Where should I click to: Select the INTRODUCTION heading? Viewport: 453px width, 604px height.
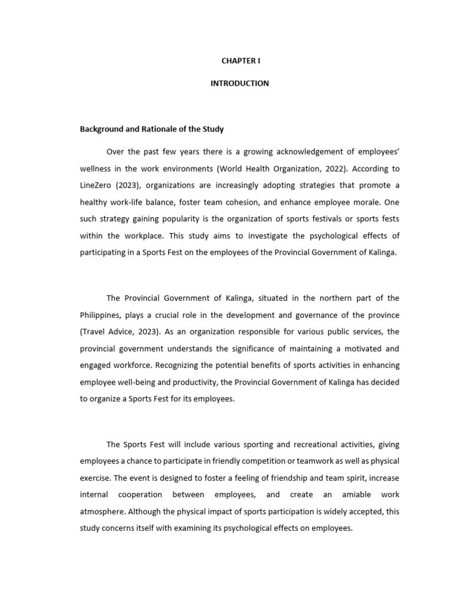point(239,83)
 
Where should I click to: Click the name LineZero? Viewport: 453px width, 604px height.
point(96,185)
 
